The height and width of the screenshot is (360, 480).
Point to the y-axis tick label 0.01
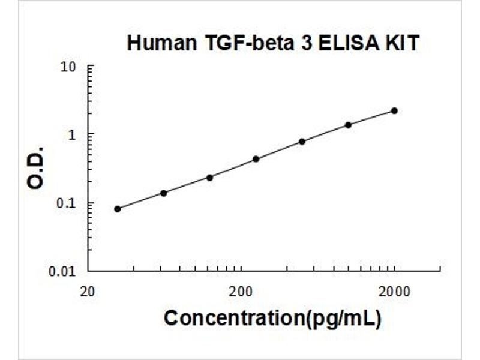tap(64, 271)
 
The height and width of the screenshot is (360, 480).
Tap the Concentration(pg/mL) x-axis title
tap(272, 318)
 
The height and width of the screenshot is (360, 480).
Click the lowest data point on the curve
tap(118, 209)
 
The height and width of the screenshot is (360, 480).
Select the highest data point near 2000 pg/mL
tap(394, 110)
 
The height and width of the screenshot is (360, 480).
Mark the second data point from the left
tap(163, 193)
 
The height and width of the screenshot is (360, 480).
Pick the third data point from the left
tap(209, 177)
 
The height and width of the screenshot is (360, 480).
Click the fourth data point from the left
tap(256, 159)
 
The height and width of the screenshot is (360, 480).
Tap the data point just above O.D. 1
tap(348, 125)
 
